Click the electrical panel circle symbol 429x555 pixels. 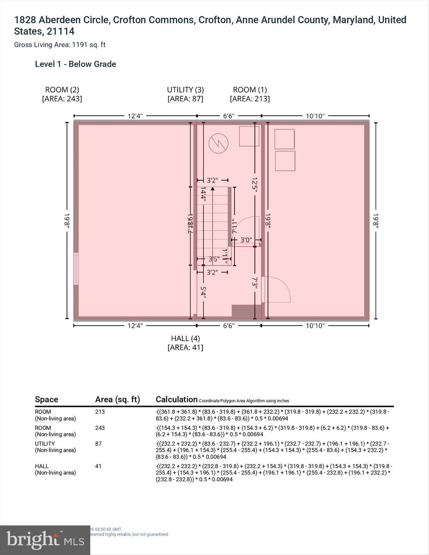pos(218,143)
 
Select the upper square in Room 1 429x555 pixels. pos(285,139)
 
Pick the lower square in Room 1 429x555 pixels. pos(285,161)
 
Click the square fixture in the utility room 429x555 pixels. pos(249,136)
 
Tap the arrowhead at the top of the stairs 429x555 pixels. pos(213,188)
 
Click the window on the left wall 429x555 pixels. pos(76,268)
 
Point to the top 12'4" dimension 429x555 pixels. pos(135,116)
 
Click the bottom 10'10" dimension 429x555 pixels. pos(315,326)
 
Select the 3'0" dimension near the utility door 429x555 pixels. pos(246,240)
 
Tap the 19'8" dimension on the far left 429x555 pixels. pos(67,220)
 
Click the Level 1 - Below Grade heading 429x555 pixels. pos(76,64)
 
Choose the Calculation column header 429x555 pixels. pos(176,399)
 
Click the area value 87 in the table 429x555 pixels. pos(98,443)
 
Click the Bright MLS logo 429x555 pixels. pos(45,540)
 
